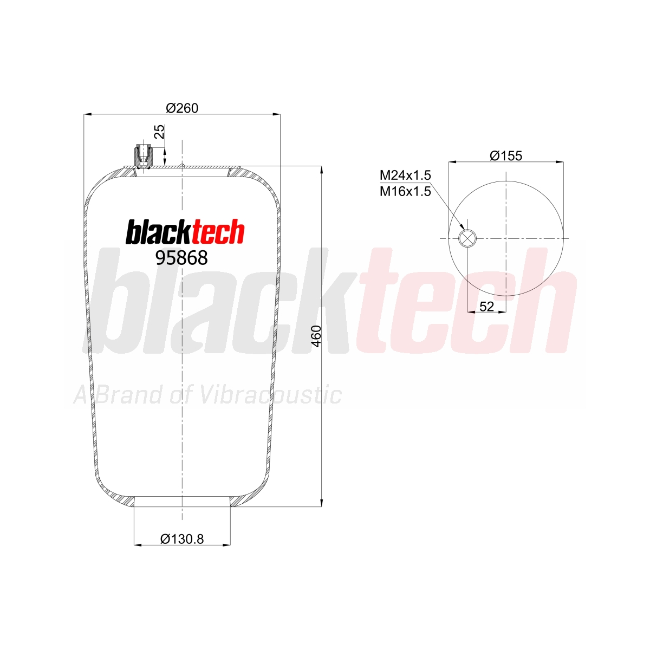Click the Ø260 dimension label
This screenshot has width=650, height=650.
pyautogui.click(x=182, y=108)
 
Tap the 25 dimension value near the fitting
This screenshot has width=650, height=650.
pyautogui.click(x=160, y=132)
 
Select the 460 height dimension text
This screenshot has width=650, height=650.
pyautogui.click(x=316, y=336)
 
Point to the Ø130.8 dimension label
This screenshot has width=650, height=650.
pyautogui.click(x=182, y=539)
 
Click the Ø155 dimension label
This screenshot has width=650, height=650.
pyautogui.click(x=505, y=155)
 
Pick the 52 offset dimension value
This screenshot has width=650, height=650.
pyautogui.click(x=486, y=306)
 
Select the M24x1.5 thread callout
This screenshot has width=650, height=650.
pyautogui.click(x=406, y=175)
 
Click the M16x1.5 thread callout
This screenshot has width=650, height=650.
pyautogui.click(x=406, y=192)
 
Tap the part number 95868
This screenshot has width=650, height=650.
pyautogui.click(x=181, y=258)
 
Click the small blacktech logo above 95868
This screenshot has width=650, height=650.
pyautogui.click(x=185, y=231)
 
